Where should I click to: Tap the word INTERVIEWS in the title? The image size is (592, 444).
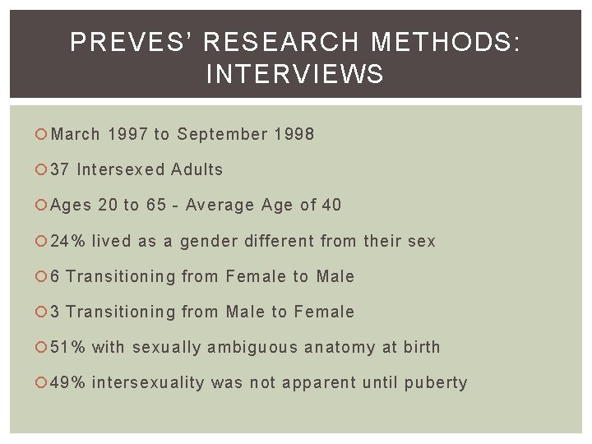tap(295, 75)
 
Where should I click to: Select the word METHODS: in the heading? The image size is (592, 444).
tap(446, 43)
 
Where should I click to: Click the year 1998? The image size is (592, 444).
tap(291, 134)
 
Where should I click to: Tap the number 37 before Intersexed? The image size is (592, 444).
tap(60, 170)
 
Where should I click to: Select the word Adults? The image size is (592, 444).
tap(197, 170)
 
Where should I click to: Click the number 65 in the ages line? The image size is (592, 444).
tap(156, 206)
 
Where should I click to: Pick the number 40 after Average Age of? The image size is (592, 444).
tap(331, 206)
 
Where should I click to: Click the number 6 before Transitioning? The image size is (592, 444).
tap(55, 276)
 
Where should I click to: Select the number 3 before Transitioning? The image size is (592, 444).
tap(55, 312)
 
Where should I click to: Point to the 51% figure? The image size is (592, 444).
tap(67, 347)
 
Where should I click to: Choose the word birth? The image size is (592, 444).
tap(422, 347)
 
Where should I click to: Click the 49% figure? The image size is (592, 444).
tap(67, 382)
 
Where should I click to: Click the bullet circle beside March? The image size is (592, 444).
tap(43, 134)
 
